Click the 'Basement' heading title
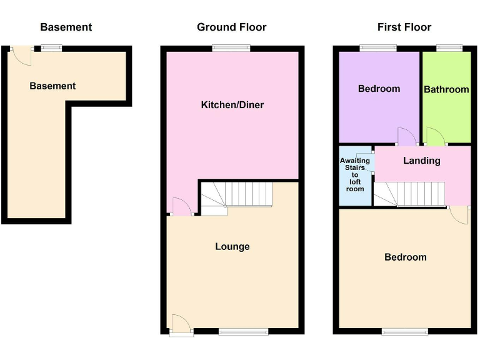click(x=66, y=27)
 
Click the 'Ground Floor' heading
click(x=231, y=27)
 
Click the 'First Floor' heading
click(x=404, y=27)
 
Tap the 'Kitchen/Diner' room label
click(x=232, y=105)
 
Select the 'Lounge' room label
click(x=232, y=247)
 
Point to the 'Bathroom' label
click(x=446, y=89)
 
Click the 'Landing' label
click(x=421, y=161)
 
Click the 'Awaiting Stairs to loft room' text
click(x=354, y=174)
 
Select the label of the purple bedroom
click(x=379, y=89)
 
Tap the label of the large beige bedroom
click(x=405, y=257)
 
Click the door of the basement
click(x=22, y=56)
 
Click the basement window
click(x=51, y=48)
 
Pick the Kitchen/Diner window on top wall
click(x=231, y=48)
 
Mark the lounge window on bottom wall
click(x=244, y=332)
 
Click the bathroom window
click(x=449, y=48)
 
